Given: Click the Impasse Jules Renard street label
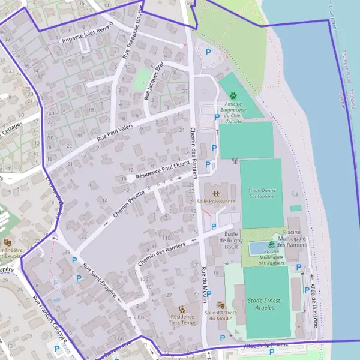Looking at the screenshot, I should [88, 35].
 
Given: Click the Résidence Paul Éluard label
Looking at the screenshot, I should [159, 175].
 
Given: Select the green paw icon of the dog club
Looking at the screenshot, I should [232, 95].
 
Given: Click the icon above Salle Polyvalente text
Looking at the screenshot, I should [216, 193].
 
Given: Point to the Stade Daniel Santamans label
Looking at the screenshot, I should [262, 193].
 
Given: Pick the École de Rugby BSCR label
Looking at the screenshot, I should [232, 239].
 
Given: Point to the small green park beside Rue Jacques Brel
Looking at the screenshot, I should [142, 79].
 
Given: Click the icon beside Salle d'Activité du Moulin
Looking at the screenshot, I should [221, 305].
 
